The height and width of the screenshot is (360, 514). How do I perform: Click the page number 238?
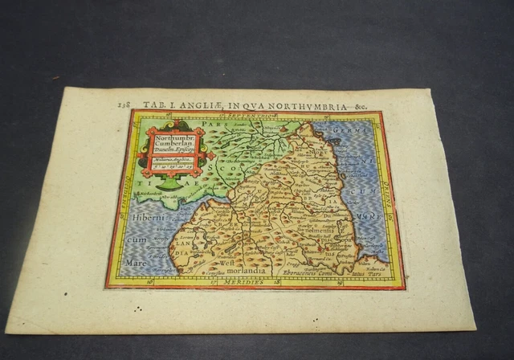[x=123, y=104]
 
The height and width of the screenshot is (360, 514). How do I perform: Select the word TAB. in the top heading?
[x=153, y=104]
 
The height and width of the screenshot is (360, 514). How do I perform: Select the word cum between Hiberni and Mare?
[x=135, y=232]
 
